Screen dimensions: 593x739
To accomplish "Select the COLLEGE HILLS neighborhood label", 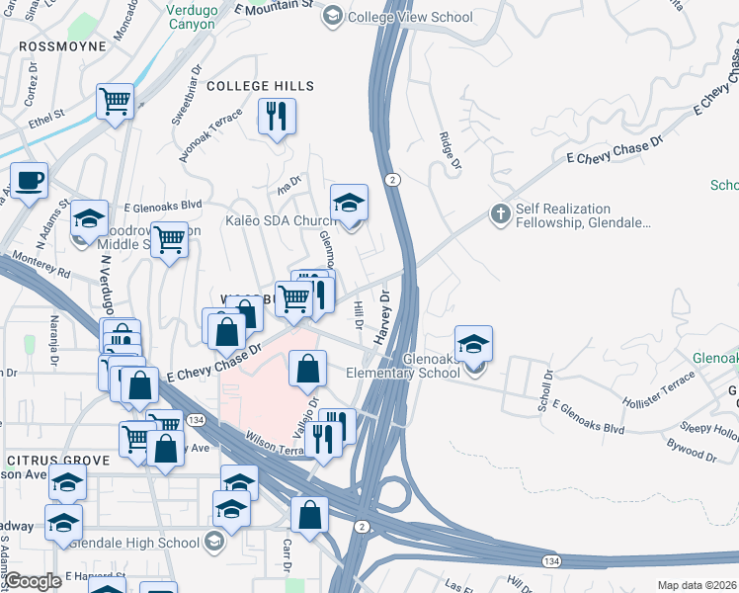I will point(260,87).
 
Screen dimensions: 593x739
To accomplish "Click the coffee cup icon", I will point(29,180).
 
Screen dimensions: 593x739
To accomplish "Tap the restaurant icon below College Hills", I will point(277,116).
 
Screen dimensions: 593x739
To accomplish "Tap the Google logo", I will point(32,581).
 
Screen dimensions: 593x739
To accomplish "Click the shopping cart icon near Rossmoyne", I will point(116,100).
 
